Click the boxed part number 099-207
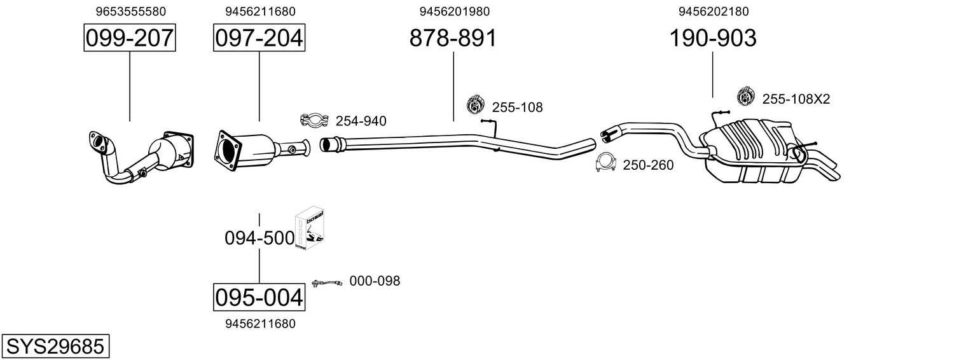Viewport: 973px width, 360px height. (130, 39)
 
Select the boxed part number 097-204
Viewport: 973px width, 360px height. (259, 39)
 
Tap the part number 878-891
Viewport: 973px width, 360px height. (453, 39)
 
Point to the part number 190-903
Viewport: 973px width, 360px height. (712, 39)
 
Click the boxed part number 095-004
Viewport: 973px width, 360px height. (259, 297)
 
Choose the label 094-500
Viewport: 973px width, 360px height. (259, 239)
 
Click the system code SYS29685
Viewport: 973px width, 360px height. (55, 347)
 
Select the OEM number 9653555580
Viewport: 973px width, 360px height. (131, 11)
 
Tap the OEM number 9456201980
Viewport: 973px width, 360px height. (455, 11)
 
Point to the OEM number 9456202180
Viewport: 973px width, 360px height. (714, 11)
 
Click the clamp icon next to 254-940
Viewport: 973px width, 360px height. (314, 120)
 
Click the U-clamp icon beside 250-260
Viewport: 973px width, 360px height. (605, 163)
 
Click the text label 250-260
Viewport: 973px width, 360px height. (648, 165)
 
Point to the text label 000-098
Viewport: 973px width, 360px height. (375, 280)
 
